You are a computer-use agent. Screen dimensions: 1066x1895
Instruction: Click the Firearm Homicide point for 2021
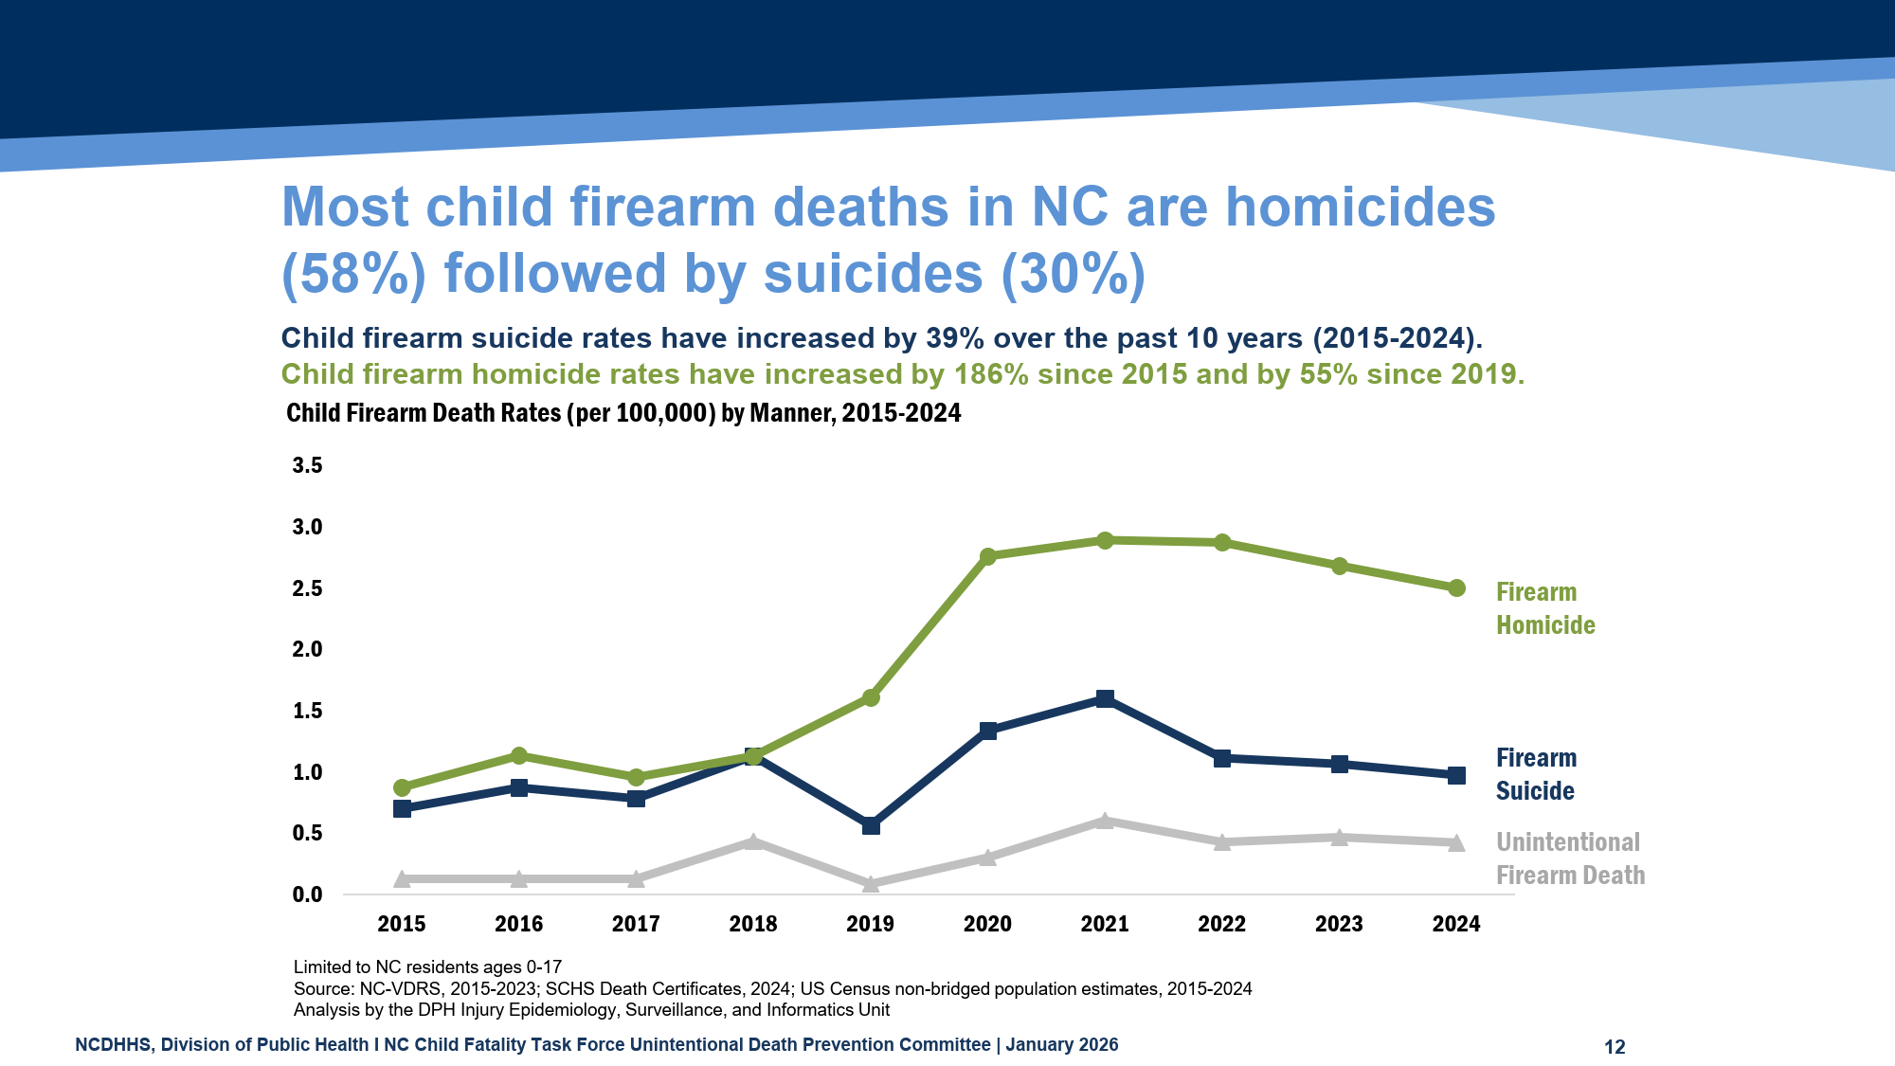(x=1105, y=540)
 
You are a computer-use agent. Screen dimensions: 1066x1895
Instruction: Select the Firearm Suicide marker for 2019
(x=871, y=826)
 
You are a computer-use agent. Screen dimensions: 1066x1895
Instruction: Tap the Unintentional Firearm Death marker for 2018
(x=753, y=841)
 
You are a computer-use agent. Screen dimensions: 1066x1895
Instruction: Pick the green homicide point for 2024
(x=1456, y=588)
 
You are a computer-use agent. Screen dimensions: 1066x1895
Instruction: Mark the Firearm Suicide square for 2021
(x=1105, y=699)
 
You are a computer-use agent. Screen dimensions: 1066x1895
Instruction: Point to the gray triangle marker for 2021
(x=1105, y=821)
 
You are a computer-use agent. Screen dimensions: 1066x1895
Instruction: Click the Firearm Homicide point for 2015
(x=402, y=787)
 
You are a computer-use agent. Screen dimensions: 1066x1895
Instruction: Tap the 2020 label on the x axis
(x=987, y=924)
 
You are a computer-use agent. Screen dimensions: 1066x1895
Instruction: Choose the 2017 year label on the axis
(x=636, y=924)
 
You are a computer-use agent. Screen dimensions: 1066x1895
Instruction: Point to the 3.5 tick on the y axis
(x=307, y=465)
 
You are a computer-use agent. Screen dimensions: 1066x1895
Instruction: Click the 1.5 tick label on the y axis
(x=307, y=711)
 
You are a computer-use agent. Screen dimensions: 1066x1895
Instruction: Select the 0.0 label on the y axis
(x=307, y=894)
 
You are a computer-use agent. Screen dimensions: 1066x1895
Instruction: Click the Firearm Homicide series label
(x=1545, y=608)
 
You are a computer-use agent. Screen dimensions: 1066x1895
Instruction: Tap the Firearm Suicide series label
(x=1536, y=774)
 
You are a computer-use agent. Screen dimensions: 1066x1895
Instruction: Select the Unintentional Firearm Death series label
(x=1570, y=858)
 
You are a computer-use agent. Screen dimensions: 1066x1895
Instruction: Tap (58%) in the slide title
(x=353, y=274)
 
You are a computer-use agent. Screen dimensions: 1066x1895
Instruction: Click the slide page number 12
(x=1615, y=1047)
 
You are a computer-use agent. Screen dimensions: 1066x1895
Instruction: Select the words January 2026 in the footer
(x=1061, y=1045)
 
